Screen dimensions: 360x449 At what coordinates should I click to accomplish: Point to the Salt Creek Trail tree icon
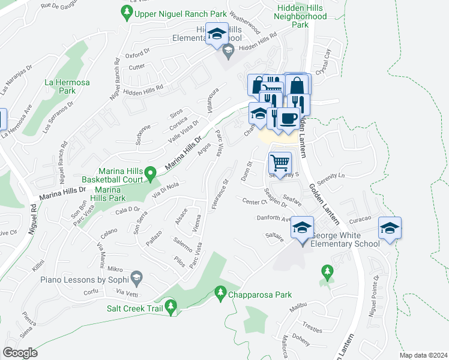point(171,308)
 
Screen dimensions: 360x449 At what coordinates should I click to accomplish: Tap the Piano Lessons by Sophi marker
point(137,277)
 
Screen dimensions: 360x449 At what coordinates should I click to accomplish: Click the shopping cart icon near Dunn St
point(280,163)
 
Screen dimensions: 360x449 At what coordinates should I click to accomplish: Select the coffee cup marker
point(288,118)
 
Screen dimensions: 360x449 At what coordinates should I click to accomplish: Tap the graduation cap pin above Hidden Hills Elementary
point(216,34)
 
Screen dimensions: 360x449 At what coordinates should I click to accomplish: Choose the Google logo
point(20,352)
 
